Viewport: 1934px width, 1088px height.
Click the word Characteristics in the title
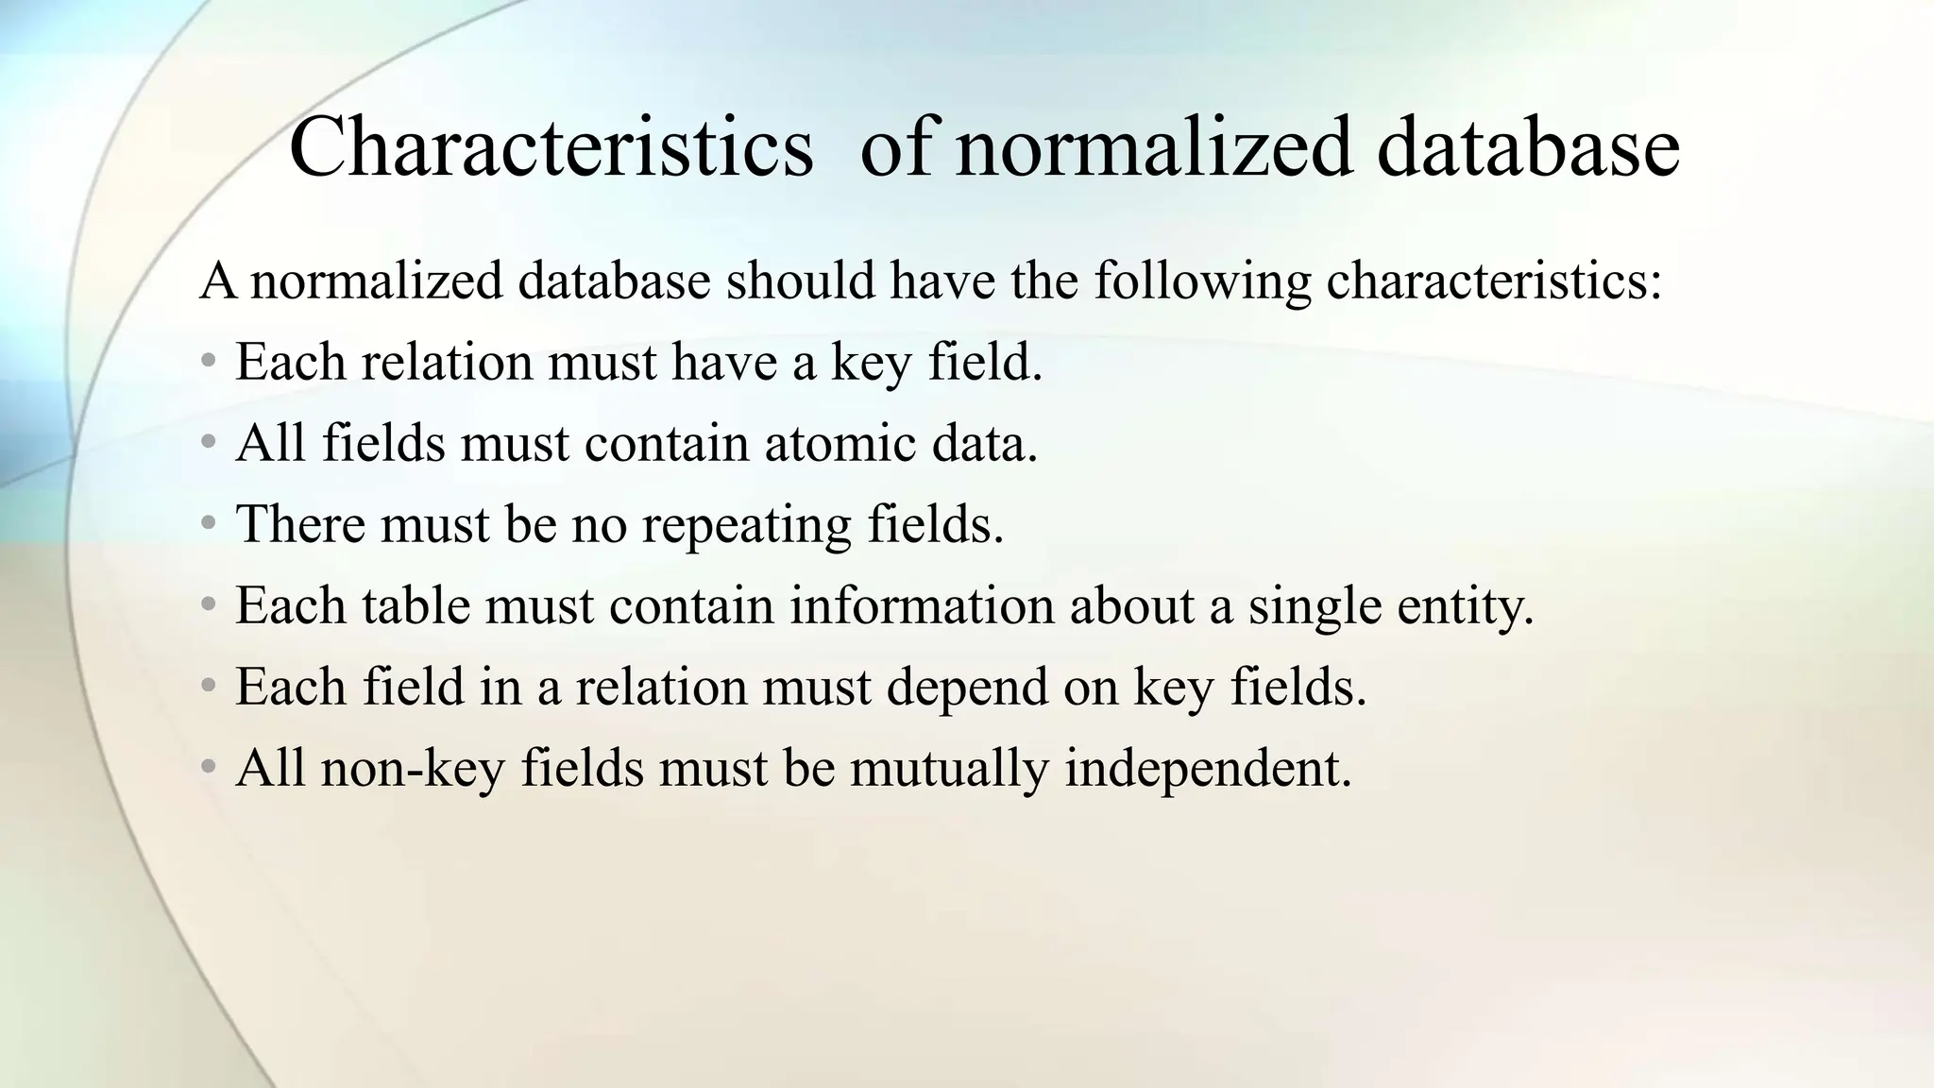(x=551, y=147)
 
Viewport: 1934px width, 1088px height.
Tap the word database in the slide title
(x=1527, y=147)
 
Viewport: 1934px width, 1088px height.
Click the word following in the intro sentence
(x=1202, y=280)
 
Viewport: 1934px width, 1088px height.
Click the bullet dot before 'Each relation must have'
(x=209, y=362)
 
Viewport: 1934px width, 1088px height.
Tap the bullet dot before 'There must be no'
(x=209, y=524)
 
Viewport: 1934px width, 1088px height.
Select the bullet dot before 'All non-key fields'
(x=209, y=768)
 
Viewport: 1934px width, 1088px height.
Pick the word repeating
(x=747, y=524)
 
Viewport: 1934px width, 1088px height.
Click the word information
(x=922, y=605)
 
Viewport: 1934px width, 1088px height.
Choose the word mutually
(x=949, y=768)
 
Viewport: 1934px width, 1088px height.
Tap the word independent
(x=1208, y=768)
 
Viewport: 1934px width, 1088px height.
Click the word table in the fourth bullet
(x=416, y=605)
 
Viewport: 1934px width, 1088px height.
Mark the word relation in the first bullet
(x=448, y=362)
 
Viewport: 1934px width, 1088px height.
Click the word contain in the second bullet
(x=667, y=443)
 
